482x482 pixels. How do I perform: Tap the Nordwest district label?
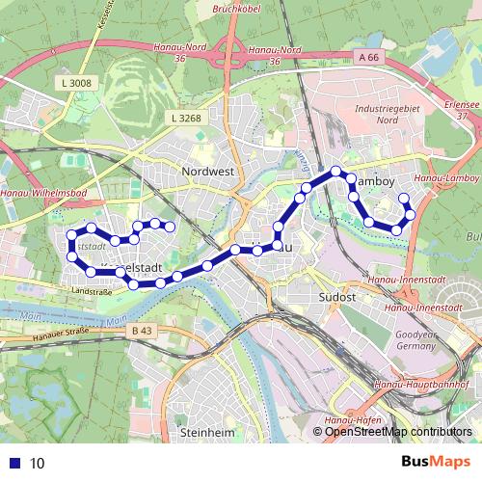(x=208, y=172)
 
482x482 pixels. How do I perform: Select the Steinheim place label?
(x=208, y=433)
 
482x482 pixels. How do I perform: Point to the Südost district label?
(x=338, y=298)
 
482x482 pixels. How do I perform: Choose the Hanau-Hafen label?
(x=357, y=421)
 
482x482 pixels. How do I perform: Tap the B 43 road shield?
(x=140, y=331)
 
